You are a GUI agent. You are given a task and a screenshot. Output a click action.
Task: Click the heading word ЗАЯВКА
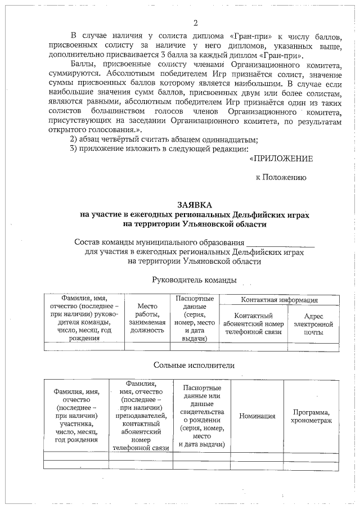pos(195,206)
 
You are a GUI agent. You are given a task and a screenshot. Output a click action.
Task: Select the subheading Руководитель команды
pos(194,280)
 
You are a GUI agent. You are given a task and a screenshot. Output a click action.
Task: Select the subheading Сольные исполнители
pos(194,365)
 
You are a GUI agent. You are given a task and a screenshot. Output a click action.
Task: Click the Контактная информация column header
pos(279,300)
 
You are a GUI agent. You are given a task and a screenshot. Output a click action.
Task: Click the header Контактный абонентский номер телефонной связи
pos(253,324)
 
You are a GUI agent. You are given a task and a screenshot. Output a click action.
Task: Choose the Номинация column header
pos(257,416)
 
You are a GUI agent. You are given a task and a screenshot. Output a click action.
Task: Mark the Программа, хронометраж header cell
pos(311,416)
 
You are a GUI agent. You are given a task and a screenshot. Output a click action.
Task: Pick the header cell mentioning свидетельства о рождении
pos(201,416)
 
